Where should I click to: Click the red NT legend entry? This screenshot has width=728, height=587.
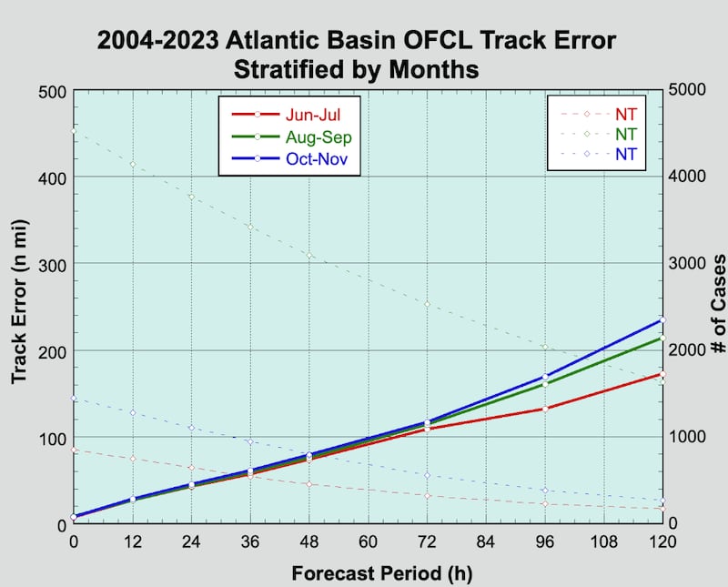pos(625,114)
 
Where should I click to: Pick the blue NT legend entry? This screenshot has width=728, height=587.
pos(625,154)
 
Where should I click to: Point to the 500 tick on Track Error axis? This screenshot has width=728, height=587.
pos(52,91)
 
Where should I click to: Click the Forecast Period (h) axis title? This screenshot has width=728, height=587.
pos(369,573)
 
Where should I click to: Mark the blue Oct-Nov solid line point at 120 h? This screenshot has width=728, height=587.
pos(662,320)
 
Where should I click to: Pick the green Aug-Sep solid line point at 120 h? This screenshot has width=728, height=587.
pos(662,339)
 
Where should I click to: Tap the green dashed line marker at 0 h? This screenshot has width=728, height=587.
pos(75,131)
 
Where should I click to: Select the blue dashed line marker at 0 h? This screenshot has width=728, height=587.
pos(75,398)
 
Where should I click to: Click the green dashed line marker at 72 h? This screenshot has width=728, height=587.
pos(427,304)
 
